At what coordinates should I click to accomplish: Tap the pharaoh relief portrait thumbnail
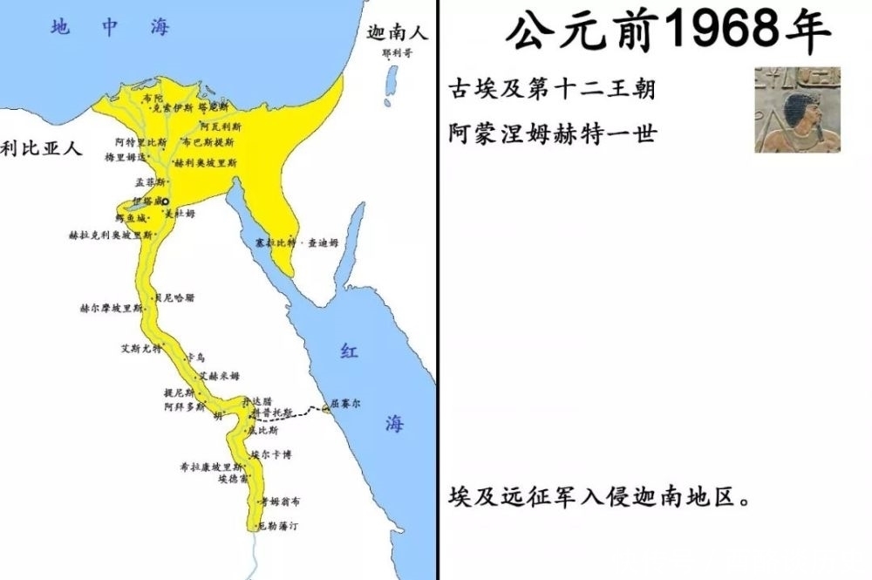pos(797,109)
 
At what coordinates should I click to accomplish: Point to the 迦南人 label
pos(397,34)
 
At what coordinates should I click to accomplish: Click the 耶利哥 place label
pos(396,52)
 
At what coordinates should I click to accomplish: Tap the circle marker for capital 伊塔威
pos(164,201)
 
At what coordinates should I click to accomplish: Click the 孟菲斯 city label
pos(149,183)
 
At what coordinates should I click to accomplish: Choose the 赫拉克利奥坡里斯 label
pos(110,235)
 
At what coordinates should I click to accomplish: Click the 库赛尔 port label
pos(344,404)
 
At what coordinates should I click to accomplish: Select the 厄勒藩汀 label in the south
pos(278,527)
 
